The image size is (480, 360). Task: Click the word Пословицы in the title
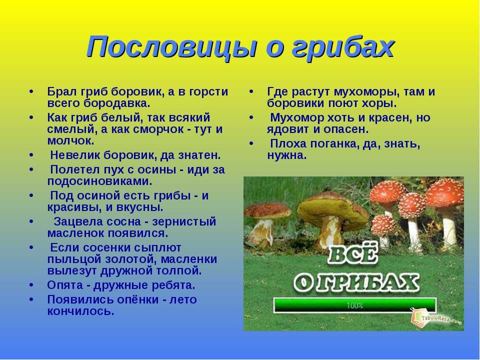tap(170, 46)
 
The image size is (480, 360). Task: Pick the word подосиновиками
tap(100, 181)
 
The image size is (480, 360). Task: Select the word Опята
tap(64, 285)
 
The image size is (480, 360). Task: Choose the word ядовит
tap(288, 129)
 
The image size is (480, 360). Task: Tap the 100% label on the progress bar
tap(355, 305)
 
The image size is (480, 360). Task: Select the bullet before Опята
tap(31, 285)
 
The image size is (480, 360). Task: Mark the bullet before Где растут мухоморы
tap(251, 92)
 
